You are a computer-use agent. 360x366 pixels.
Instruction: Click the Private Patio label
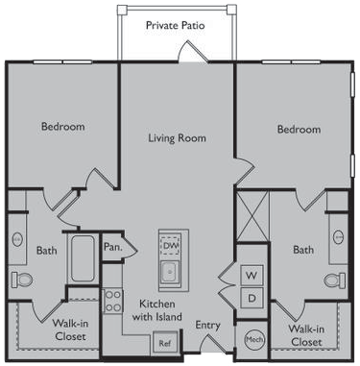(x=175, y=25)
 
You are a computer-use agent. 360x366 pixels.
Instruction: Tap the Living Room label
(x=177, y=138)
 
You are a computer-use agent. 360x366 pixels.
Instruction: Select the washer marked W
(x=252, y=275)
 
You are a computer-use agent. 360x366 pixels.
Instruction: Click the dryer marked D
(x=252, y=298)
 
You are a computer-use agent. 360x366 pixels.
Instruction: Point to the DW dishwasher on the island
(x=171, y=245)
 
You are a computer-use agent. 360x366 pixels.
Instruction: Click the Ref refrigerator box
(x=164, y=343)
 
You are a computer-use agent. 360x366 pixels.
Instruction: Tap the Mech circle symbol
(x=254, y=339)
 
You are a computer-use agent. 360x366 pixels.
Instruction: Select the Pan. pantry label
(x=112, y=247)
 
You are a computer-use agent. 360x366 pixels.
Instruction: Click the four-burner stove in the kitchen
(x=112, y=301)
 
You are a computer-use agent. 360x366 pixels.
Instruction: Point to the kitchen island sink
(x=170, y=272)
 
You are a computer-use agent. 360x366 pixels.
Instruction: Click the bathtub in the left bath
(x=83, y=258)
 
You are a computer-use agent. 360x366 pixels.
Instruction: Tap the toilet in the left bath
(x=22, y=280)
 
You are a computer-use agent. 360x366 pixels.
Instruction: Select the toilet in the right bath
(x=335, y=281)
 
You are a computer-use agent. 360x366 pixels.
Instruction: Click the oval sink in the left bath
(x=17, y=239)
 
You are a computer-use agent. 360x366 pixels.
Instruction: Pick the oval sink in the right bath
(x=338, y=237)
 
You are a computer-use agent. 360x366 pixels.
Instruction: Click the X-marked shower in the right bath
(x=252, y=216)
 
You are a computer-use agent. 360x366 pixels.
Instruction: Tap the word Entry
(x=207, y=326)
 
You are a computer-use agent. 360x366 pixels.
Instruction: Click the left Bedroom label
(x=63, y=126)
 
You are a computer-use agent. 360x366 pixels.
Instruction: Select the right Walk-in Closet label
(x=306, y=335)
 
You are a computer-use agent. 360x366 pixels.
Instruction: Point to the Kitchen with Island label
(x=157, y=310)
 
